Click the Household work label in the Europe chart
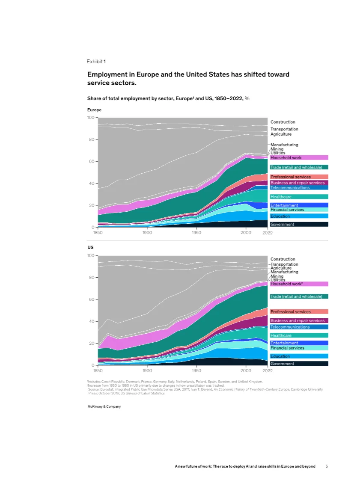click(x=286, y=158)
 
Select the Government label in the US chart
click(x=283, y=364)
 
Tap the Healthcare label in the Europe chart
click(x=281, y=197)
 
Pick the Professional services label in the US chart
click(x=291, y=312)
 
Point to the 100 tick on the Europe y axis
click(x=90, y=118)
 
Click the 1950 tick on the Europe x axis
click(x=196, y=232)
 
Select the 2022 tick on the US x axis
click(x=268, y=370)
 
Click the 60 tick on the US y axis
click(x=91, y=299)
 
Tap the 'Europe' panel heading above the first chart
click(x=94, y=110)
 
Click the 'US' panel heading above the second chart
click(x=90, y=248)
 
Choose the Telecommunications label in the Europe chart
click(x=290, y=188)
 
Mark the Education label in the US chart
click(x=280, y=356)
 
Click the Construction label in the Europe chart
click(x=283, y=122)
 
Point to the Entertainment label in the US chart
click(x=284, y=343)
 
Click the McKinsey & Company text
click(x=104, y=406)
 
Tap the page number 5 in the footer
click(x=327, y=466)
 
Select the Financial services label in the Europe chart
click(x=287, y=210)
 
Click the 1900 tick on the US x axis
click(x=147, y=370)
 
